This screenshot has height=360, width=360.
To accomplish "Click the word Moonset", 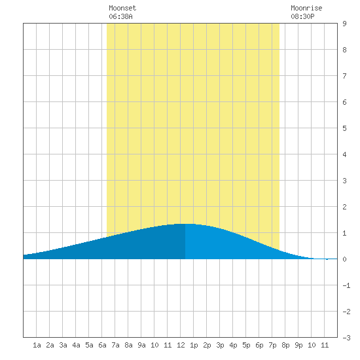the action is [x=122, y=8].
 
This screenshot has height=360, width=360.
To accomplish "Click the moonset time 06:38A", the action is [x=120, y=16].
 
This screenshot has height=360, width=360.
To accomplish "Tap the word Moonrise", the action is [x=306, y=8].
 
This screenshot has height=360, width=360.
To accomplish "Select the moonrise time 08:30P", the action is [x=302, y=16].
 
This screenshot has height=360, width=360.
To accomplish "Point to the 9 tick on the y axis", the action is [x=344, y=24].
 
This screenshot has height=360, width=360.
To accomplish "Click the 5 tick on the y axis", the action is [x=344, y=128].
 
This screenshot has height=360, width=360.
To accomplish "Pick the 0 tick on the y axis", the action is [x=344, y=259].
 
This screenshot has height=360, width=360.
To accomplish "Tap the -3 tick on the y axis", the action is [x=346, y=338].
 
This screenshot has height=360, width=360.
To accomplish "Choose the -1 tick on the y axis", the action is [x=346, y=285].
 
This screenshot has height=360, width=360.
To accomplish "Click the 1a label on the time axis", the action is [x=37, y=345].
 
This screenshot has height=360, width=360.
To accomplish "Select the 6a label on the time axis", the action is [x=102, y=345].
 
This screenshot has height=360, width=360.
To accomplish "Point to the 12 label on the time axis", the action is [x=181, y=345].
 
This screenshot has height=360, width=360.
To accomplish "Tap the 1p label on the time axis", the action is [x=194, y=345].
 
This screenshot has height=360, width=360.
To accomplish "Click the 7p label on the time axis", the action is [x=272, y=345].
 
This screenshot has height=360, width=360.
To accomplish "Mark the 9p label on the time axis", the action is [x=298, y=345].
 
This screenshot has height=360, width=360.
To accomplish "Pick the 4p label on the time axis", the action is [x=233, y=345].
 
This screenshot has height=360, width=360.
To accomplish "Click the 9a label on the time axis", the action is [x=141, y=345].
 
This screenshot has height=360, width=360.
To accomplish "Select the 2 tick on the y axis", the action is [x=344, y=207].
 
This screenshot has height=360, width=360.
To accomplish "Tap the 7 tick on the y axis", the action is [x=344, y=76].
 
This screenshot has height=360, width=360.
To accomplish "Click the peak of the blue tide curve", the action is [x=185, y=224].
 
